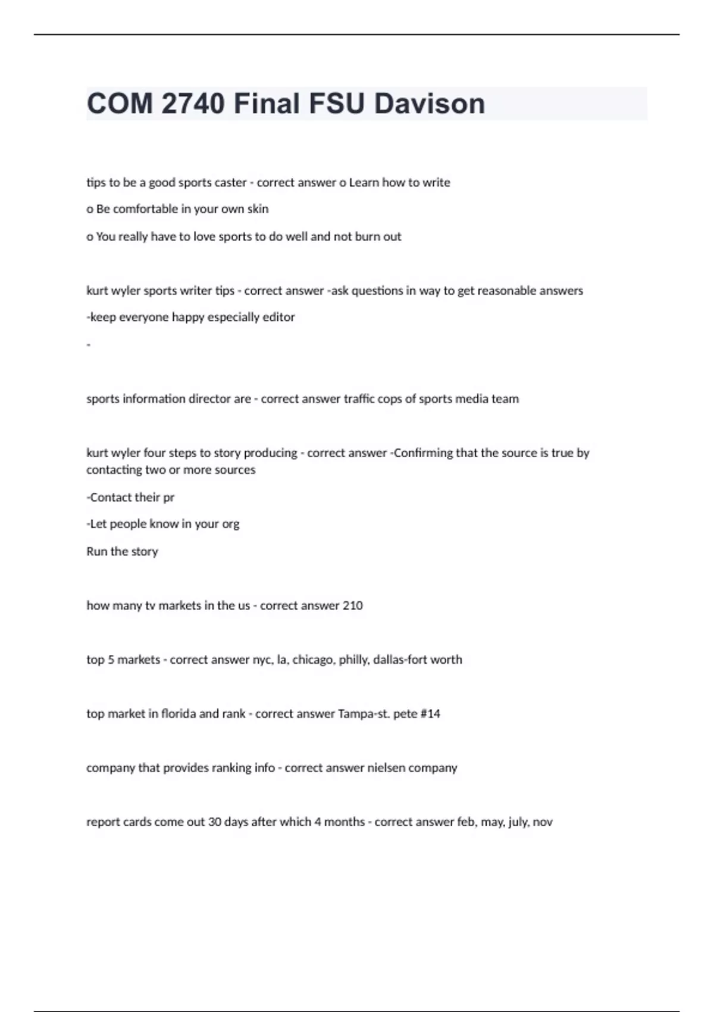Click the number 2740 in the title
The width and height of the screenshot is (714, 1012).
pyautogui.click(x=193, y=104)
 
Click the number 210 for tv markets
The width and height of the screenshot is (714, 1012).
pyautogui.click(x=352, y=605)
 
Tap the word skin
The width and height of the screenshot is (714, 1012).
pyautogui.click(x=258, y=209)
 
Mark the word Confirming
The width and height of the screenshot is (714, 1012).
pyautogui.click(x=423, y=453)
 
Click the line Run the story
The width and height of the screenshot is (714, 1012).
pyautogui.click(x=122, y=551)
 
